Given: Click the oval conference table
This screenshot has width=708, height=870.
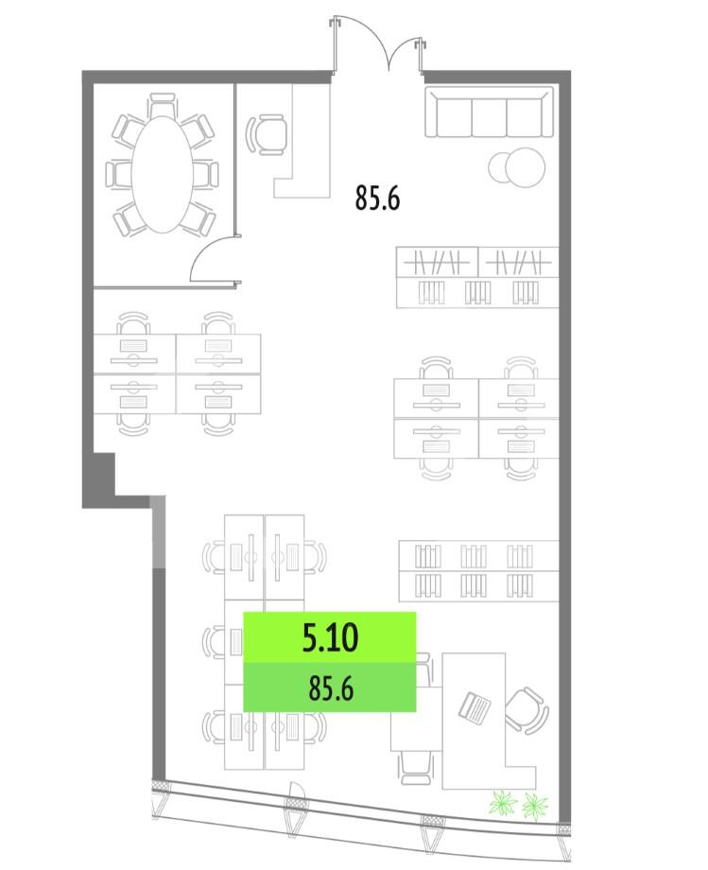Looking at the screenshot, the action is [x=162, y=174].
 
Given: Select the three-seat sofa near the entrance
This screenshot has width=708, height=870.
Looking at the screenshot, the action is [x=489, y=112].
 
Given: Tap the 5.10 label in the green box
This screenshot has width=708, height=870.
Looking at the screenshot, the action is [x=331, y=637].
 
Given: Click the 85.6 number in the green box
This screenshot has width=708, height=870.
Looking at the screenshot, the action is [x=331, y=688].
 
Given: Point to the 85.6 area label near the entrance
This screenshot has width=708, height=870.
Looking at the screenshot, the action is [x=377, y=198].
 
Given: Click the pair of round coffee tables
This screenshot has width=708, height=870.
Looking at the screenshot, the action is [x=517, y=167].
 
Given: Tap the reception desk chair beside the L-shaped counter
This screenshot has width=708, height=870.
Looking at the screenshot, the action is [x=267, y=135].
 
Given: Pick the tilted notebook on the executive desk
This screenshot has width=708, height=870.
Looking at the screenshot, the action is [x=475, y=707].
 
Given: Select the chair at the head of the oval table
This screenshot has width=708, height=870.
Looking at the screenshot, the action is [x=163, y=104].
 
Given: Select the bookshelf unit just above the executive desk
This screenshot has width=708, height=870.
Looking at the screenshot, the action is [x=478, y=571].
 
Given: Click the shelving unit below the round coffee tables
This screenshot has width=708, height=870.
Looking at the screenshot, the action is [x=477, y=277].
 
